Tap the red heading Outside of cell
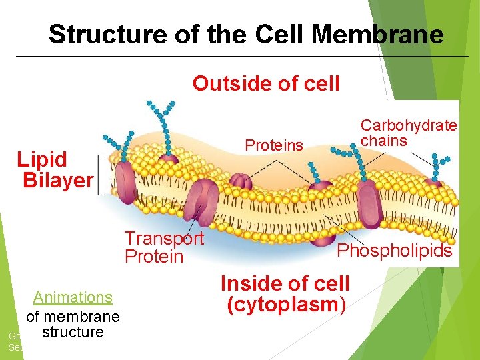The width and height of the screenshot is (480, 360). (x=266, y=84)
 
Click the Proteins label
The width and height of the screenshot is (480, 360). (x=274, y=145)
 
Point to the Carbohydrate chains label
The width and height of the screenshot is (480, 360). (x=409, y=133)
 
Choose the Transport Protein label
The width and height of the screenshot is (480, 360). (x=164, y=247)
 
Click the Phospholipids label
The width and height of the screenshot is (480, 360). (x=395, y=251)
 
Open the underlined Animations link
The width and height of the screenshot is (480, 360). (x=73, y=297)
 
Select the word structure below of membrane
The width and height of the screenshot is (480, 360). (x=72, y=332)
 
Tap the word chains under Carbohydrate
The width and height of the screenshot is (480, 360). (x=383, y=141)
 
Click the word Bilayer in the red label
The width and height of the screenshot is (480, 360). (x=58, y=180)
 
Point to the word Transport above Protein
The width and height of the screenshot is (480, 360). (x=164, y=239)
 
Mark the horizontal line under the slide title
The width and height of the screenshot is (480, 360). (x=240, y=56)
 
